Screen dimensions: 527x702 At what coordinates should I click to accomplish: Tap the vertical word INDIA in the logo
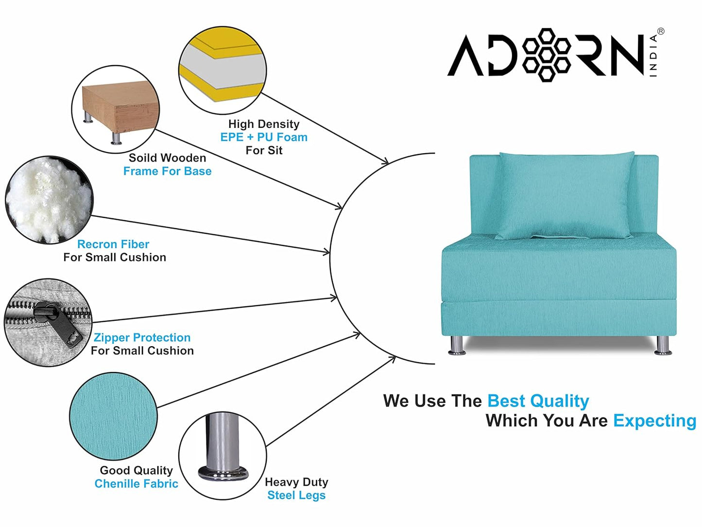pyautogui.click(x=653, y=55)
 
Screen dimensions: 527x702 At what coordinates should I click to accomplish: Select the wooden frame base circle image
pyautogui.click(x=116, y=110)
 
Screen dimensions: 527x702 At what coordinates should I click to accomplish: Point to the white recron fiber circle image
pyautogui.click(x=49, y=200)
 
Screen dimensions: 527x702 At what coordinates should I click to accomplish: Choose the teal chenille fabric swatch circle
pyautogui.click(x=113, y=416)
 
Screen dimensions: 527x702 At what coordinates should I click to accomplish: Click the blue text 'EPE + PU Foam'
pyautogui.click(x=264, y=137)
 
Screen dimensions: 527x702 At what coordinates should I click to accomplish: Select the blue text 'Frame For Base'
pyautogui.click(x=167, y=171)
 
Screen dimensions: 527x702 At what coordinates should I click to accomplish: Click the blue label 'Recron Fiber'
pyautogui.click(x=113, y=244)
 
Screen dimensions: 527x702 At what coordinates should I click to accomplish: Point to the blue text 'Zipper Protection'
pyautogui.click(x=142, y=337)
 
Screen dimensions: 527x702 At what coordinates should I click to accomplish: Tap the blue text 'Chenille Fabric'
pyautogui.click(x=136, y=484)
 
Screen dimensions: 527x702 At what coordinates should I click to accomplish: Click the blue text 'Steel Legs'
pyautogui.click(x=296, y=495)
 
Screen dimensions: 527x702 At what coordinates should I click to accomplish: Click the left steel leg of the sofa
pyautogui.click(x=456, y=345)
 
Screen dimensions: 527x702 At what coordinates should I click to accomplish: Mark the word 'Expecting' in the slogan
pyautogui.click(x=654, y=421)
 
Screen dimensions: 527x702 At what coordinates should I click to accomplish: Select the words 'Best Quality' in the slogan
pyautogui.click(x=538, y=401)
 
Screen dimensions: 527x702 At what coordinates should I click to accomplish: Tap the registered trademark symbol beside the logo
pyautogui.click(x=660, y=32)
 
